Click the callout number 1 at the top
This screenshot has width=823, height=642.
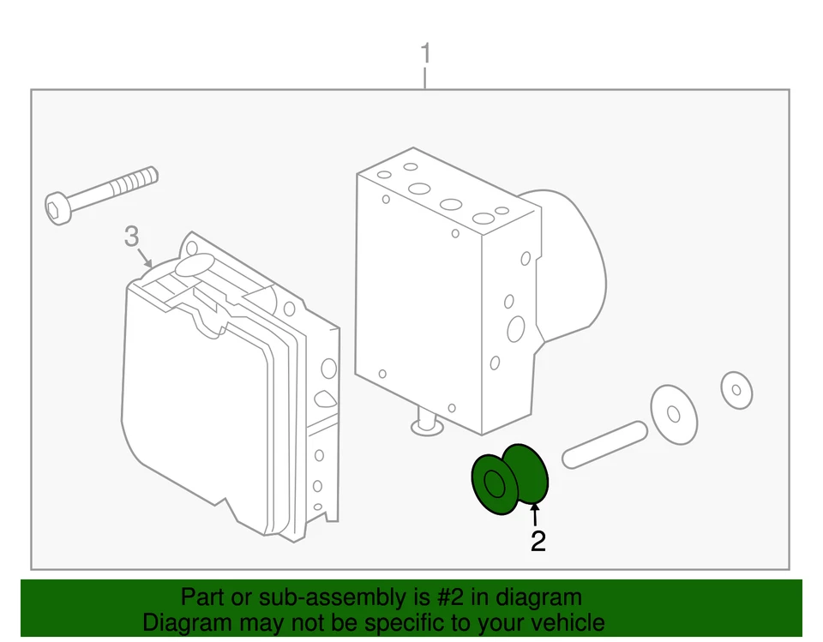tap(425, 54)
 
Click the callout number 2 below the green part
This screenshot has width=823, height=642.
tap(538, 541)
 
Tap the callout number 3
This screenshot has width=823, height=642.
tap(130, 236)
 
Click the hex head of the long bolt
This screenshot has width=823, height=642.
tap(57, 208)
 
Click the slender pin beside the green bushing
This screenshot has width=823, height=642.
tap(604, 444)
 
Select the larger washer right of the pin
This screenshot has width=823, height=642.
tap(673, 415)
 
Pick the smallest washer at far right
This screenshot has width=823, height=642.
tap(736, 391)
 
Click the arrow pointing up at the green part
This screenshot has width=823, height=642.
tap(536, 514)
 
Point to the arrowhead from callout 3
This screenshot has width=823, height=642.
tap(151, 265)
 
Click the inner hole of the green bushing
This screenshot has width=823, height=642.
tap(495, 484)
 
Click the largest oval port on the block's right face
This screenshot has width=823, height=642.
tap(516, 328)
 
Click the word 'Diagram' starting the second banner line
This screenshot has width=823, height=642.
tap(183, 623)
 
